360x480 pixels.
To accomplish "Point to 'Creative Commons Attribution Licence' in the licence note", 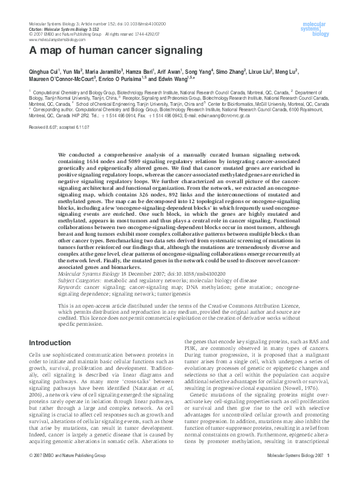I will pyautogui.click(x=258, y=307).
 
